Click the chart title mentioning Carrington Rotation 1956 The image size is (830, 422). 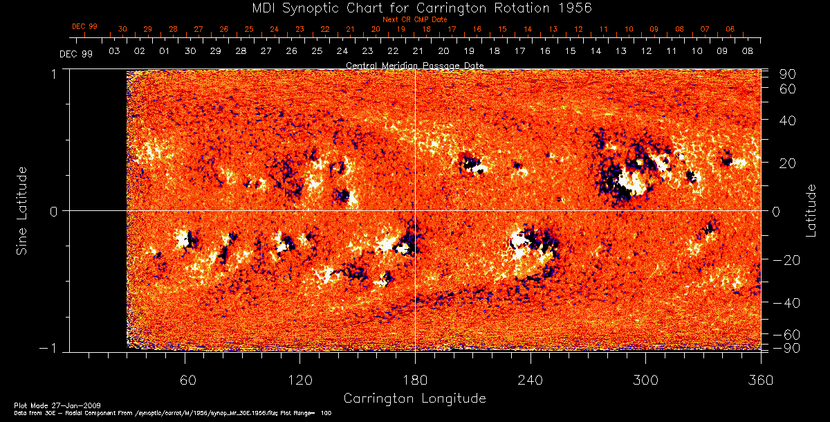click(x=415, y=8)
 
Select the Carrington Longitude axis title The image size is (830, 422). click(x=414, y=398)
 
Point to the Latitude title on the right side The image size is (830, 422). click(x=811, y=210)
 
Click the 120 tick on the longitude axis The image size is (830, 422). click(x=299, y=380)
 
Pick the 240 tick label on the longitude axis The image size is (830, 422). click(x=530, y=380)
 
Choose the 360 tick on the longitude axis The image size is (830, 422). click(x=760, y=380)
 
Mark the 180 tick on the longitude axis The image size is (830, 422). click(x=415, y=380)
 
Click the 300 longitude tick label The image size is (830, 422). click(x=645, y=380)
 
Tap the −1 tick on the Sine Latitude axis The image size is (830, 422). click(x=54, y=348)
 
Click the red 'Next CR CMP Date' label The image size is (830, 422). click(x=415, y=19)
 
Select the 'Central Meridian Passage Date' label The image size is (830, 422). click(x=415, y=65)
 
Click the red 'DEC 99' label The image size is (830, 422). click(x=84, y=26)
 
